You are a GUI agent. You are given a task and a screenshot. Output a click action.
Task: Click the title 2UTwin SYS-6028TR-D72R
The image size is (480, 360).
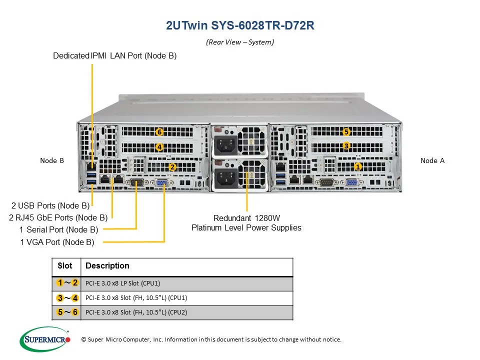[240, 26]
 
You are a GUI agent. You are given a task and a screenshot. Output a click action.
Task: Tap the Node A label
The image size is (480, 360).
[432, 160]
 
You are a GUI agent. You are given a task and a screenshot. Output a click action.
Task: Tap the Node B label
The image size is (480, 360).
[52, 160]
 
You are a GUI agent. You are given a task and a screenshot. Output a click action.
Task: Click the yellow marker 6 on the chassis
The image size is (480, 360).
[159, 132]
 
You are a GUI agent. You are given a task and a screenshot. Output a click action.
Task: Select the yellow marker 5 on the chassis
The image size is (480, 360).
[346, 132]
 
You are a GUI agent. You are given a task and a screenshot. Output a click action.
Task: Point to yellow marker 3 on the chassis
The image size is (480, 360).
[346, 146]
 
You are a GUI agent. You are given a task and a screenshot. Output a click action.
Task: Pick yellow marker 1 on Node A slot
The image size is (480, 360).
[358, 166]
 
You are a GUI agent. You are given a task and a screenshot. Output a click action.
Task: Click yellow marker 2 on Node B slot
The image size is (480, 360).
[172, 167]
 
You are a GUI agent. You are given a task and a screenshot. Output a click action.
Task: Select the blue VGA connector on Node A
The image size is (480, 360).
[352, 183]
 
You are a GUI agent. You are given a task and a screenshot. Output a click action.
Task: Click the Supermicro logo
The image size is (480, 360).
[45, 339]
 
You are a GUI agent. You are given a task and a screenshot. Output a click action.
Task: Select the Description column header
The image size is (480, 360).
[107, 266]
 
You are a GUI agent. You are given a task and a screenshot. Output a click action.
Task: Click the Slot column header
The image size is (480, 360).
[65, 266]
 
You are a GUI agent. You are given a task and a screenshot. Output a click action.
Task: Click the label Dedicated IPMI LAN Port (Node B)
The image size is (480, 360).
[115, 56]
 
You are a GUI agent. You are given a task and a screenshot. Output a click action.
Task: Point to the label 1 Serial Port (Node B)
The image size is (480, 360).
[59, 230]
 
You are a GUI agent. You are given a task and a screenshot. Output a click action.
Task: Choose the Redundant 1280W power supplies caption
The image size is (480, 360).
[246, 223]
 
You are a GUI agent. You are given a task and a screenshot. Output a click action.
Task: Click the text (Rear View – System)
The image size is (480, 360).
[240, 42]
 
